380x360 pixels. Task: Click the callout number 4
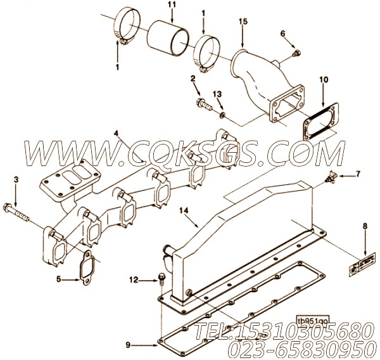coord(117,134)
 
